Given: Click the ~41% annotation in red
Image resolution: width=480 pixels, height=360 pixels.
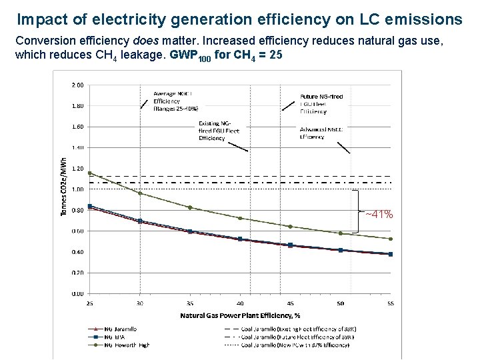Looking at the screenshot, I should pyautogui.click(x=379, y=215).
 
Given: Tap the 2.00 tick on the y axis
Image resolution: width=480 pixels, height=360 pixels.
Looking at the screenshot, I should pyautogui.click(x=77, y=85).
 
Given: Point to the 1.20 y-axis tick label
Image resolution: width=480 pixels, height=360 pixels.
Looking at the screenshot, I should pyautogui.click(x=77, y=169).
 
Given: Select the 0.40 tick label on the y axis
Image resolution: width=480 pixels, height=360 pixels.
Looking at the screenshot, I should pyautogui.click(x=77, y=252).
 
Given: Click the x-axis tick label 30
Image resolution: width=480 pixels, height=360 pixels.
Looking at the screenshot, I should pyautogui.click(x=140, y=303).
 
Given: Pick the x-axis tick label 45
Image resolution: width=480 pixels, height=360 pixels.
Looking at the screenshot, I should pyautogui.click(x=290, y=303).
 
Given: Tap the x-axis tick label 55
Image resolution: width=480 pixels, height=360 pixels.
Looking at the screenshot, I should pyautogui.click(x=390, y=303).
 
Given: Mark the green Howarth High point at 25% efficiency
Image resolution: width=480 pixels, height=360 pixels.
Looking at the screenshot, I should pyautogui.click(x=90, y=173).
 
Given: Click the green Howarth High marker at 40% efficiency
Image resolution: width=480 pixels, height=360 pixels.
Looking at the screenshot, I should pyautogui.click(x=240, y=218).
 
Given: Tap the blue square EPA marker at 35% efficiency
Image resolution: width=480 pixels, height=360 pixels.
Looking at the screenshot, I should pyautogui.click(x=190, y=231).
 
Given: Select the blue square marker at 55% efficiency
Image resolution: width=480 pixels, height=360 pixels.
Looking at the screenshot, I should pyautogui.click(x=390, y=254).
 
